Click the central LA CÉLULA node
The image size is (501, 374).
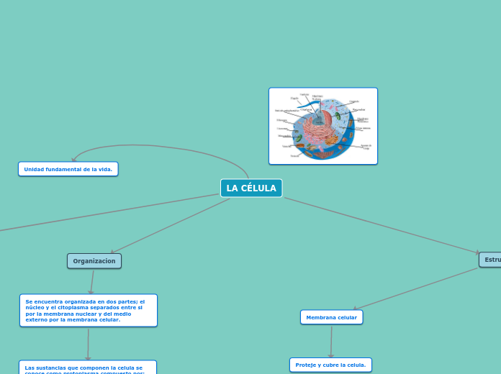[x=251, y=188]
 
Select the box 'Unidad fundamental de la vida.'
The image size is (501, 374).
[x=68, y=169]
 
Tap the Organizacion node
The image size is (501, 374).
[x=94, y=261]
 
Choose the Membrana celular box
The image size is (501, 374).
[x=331, y=317]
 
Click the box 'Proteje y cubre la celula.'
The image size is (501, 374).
[x=330, y=365]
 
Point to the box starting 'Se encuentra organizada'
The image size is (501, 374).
[x=89, y=311]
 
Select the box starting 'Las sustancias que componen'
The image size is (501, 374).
[x=88, y=368]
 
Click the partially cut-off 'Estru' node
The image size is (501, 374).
[x=492, y=260]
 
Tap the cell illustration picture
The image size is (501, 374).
[x=323, y=127]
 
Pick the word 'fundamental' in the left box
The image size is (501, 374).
[x=66, y=169]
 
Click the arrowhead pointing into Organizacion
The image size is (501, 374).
[x=112, y=252]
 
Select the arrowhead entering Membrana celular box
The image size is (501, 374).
[x=356, y=309]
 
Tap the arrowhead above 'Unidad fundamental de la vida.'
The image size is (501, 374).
[x=73, y=160]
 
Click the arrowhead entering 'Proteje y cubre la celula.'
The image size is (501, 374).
[x=331, y=355]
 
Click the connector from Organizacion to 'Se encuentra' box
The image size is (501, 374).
[x=92, y=280]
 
